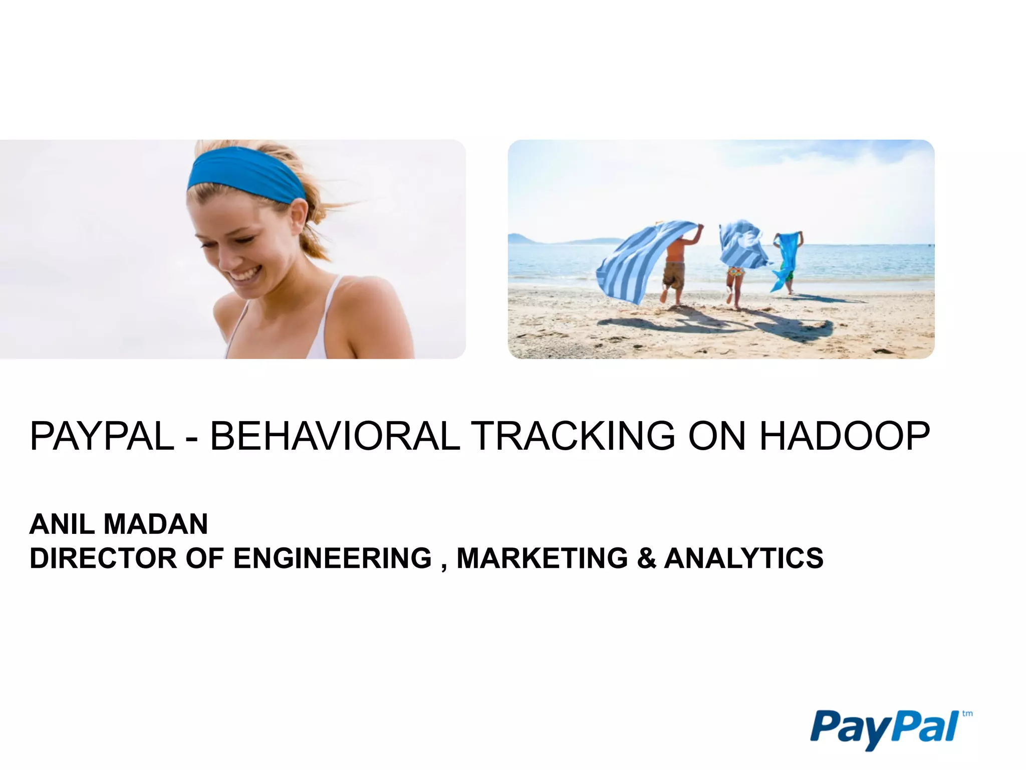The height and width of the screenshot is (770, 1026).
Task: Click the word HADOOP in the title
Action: click(x=845, y=436)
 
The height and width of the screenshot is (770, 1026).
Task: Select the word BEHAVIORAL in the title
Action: click(x=335, y=436)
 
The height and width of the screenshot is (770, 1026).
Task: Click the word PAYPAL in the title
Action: click(x=102, y=436)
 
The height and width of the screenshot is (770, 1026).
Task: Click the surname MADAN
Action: click(x=156, y=524)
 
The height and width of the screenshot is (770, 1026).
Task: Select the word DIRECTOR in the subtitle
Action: click(x=103, y=558)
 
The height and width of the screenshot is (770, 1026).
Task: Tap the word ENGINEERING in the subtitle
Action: click(x=332, y=558)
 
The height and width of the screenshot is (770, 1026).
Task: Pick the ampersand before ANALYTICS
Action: click(x=646, y=558)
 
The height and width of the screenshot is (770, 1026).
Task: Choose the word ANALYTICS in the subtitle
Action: click(x=744, y=558)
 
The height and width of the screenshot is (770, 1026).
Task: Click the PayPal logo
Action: click(x=884, y=728)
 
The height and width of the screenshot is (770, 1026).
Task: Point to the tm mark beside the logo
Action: click(x=967, y=714)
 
